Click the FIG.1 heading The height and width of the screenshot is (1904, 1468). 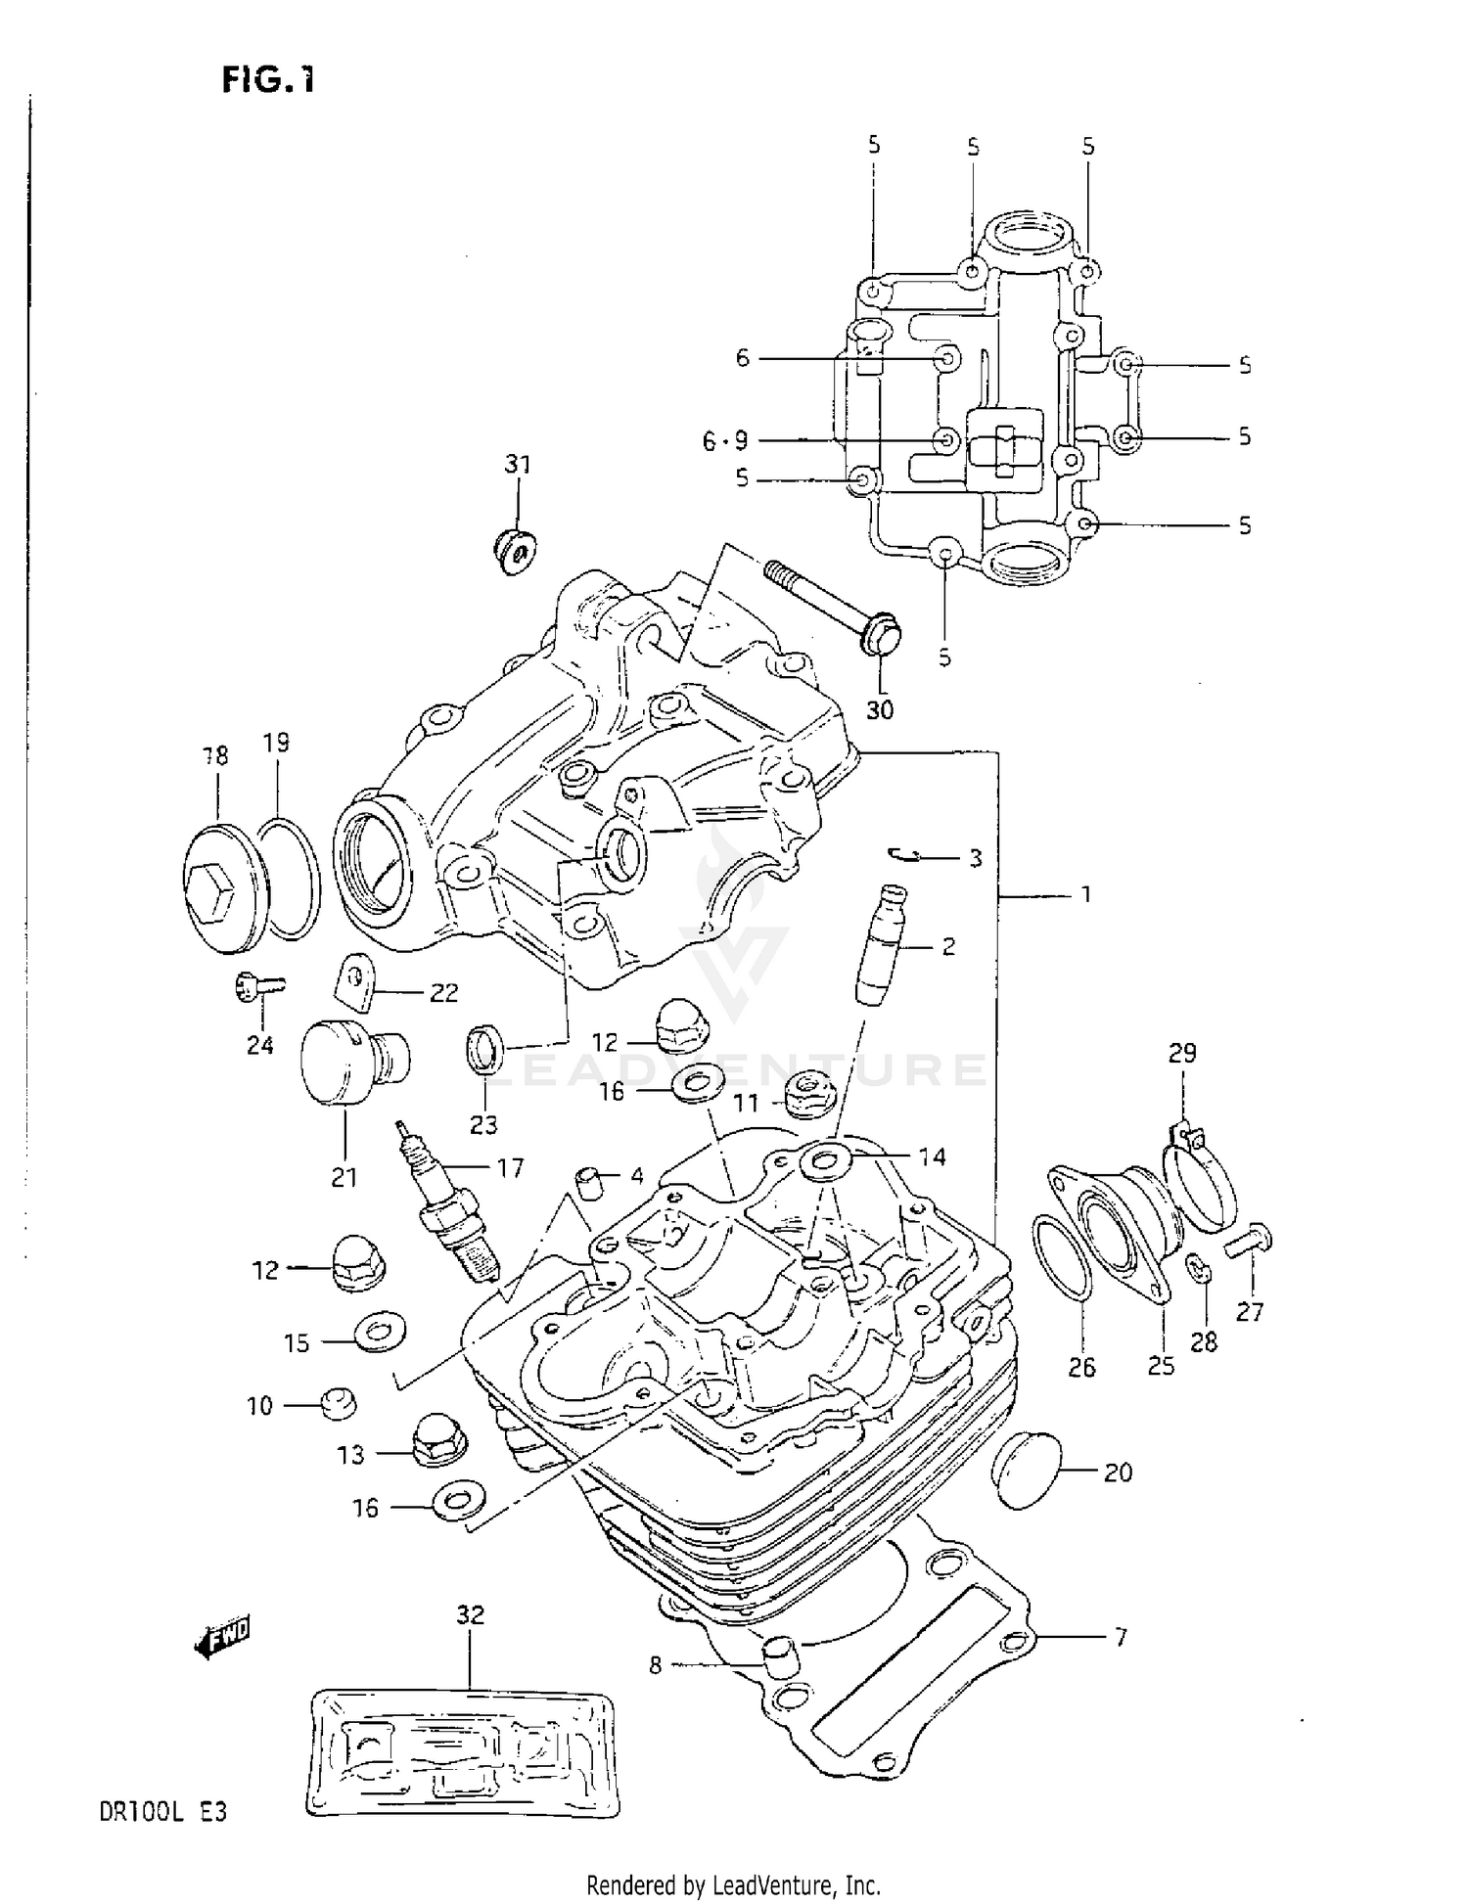(267, 78)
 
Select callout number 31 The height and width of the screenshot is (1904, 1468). (517, 463)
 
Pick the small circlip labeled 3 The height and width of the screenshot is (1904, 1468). (905, 855)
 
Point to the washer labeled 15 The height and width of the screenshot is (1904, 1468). (381, 1333)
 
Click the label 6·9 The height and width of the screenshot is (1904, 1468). (724, 441)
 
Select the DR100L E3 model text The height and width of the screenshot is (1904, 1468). (162, 1812)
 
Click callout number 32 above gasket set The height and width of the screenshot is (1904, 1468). (470, 1613)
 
